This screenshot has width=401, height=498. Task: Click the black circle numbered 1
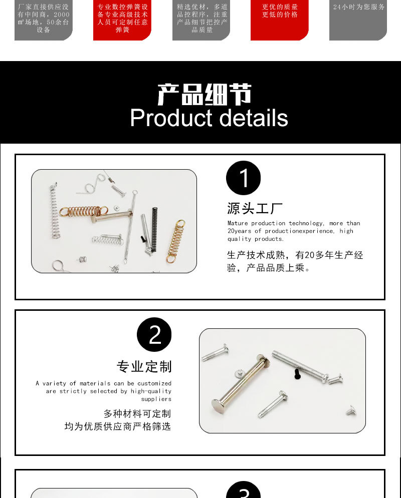click(x=244, y=178)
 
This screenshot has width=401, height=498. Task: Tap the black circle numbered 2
click(x=154, y=334)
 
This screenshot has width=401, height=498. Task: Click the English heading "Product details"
click(x=209, y=118)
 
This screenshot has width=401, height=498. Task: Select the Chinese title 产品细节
click(x=204, y=94)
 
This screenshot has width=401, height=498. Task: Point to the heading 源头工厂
click(x=255, y=208)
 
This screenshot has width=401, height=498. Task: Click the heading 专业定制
click(x=144, y=366)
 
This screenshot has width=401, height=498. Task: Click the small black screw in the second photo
click(x=296, y=373)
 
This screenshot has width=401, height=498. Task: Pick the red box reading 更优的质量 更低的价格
click(x=280, y=20)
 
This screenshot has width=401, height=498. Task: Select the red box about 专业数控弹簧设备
click(x=122, y=20)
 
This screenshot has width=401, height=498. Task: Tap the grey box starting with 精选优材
click(x=202, y=20)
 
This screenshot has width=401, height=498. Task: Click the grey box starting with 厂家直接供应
click(x=44, y=20)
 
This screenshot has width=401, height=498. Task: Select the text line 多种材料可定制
click(x=137, y=413)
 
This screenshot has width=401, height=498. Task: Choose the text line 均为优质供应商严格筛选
click(x=118, y=426)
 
